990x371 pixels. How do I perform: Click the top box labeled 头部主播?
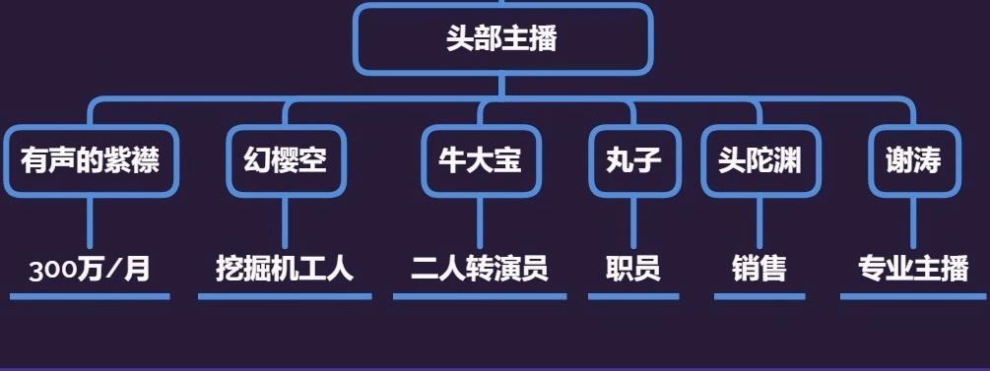501,39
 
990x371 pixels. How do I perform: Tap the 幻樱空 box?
285,160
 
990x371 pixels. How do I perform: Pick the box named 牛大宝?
480,160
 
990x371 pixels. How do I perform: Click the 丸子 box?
632,160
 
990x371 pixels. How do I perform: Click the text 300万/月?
90,269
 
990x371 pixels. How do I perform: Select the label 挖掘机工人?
285,269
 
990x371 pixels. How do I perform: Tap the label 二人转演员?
480,269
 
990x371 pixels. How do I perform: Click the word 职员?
632,269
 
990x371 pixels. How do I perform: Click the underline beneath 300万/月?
90,295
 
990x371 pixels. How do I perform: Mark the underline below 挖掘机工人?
285,295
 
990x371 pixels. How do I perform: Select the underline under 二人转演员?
480,295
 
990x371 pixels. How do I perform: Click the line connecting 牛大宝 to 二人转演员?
480,221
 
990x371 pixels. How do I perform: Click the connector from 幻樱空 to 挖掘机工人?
285,221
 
